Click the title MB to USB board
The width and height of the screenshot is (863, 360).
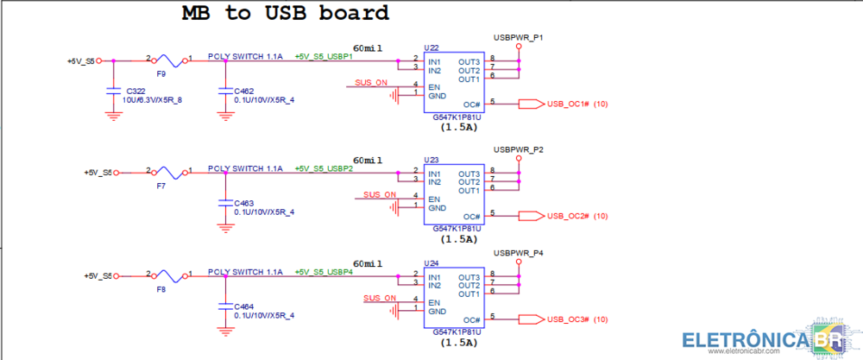coord(285,14)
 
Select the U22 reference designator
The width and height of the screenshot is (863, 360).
coord(431,48)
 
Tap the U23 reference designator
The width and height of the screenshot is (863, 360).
coord(431,161)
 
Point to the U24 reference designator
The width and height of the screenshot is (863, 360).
coord(431,263)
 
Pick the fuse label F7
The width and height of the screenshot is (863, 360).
coord(161,186)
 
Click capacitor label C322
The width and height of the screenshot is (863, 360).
coord(135,91)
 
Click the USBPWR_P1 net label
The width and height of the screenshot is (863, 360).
coord(518,38)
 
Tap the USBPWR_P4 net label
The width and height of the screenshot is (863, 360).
coord(518,253)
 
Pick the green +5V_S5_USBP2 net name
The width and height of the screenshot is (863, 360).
coord(324,168)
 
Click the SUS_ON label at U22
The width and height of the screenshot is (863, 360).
coord(371,83)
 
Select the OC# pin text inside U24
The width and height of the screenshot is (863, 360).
coord(471,319)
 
